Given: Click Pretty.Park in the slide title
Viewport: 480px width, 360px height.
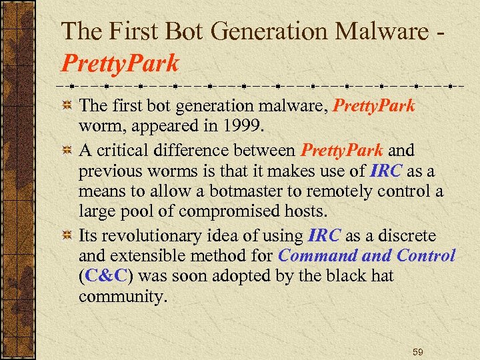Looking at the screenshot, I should [x=120, y=63].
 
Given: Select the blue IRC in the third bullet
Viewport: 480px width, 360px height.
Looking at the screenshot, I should [x=325, y=237].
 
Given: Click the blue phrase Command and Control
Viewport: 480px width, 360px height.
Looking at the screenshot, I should [x=367, y=256].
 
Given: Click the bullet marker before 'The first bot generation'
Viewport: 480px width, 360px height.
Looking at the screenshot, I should [x=67, y=105].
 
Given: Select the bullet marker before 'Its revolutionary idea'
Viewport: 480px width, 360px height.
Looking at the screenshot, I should [x=67, y=237].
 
